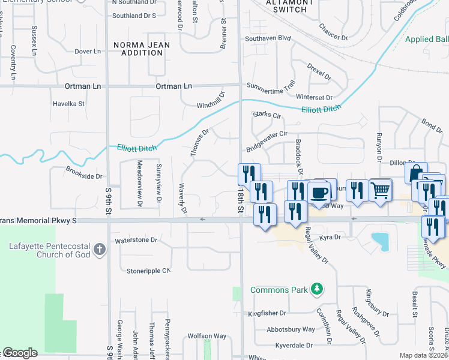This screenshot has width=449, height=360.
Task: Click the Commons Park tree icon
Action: [x=316, y=290]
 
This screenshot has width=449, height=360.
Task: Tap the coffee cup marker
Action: [x=319, y=193]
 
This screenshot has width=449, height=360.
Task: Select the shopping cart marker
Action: [x=381, y=191]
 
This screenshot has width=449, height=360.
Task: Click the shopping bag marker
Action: [x=416, y=173]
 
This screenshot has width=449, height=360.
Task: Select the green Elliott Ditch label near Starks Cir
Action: [x=321, y=109]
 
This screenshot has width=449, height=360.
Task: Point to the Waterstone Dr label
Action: [x=136, y=240]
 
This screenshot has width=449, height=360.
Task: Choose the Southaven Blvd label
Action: [x=268, y=38]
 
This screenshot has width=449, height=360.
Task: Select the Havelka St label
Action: [x=68, y=103]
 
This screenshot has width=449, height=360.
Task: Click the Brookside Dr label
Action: [x=85, y=176]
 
